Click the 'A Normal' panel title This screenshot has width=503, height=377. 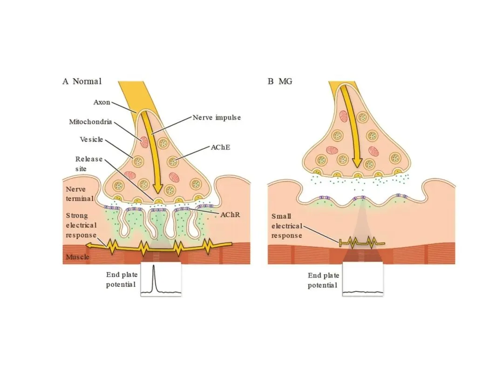coord(82,81)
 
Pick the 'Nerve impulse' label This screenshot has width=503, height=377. coord(217,118)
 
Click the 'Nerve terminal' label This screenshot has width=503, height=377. coord(80,194)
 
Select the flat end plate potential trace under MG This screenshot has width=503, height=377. coord(363,292)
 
